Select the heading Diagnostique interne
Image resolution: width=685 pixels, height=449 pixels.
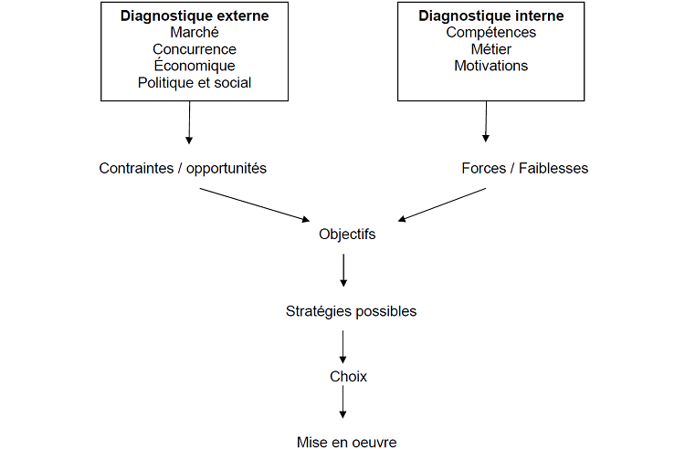pos(490,16)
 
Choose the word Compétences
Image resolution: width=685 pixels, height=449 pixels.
pos(490,33)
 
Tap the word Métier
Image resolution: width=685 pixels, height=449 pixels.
pos(490,49)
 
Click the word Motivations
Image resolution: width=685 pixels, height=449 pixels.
pos(490,66)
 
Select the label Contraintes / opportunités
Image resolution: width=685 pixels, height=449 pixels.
pos(183,169)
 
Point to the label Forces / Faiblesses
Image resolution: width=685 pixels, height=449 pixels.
pos(525,169)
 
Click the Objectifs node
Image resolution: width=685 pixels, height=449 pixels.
pos(347,235)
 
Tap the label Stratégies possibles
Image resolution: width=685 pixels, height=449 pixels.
pos(351,311)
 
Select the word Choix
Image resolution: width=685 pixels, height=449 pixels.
pos(348,376)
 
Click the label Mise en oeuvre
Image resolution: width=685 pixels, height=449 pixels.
pos(347,443)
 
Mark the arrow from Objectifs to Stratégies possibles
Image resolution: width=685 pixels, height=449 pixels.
pos(343,270)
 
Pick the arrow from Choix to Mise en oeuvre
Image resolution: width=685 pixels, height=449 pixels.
pos(343,402)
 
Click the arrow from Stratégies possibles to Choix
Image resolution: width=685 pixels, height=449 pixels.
pos(343,347)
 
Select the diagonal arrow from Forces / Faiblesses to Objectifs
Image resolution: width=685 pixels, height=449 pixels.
pos(442,204)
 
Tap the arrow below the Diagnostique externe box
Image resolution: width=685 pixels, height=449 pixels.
pos(189,122)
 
